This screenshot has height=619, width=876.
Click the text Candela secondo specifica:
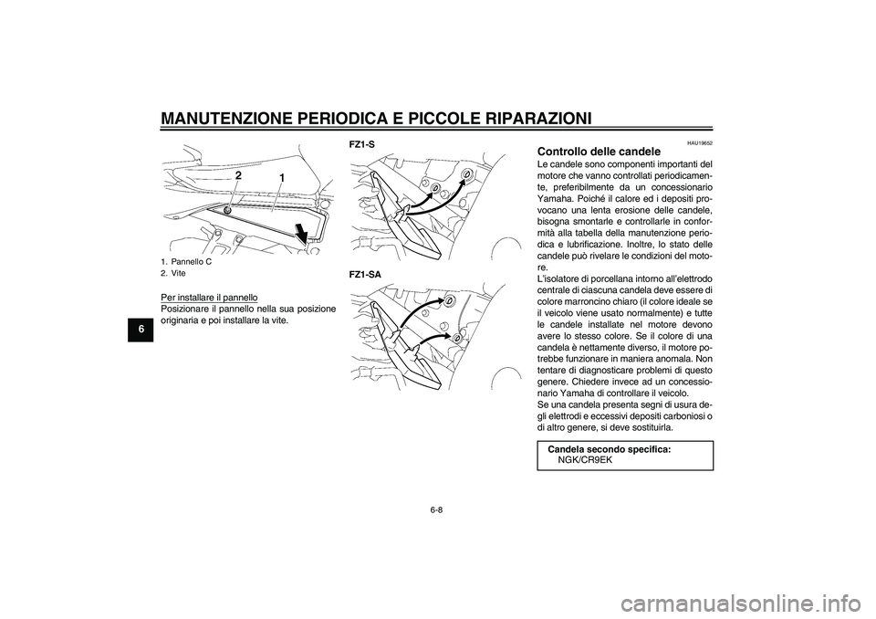click(x=609, y=449)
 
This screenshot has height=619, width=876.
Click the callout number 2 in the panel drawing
click(x=237, y=174)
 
